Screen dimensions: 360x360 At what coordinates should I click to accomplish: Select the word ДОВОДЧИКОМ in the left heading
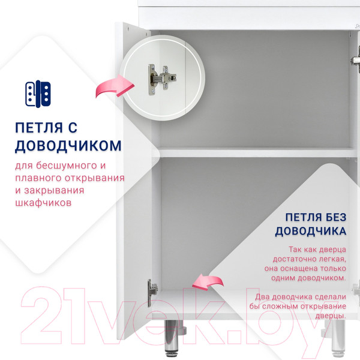[68, 146]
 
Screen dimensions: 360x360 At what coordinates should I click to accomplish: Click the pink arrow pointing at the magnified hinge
[114, 88]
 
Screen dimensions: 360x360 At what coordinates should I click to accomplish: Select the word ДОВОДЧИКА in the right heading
[310, 231]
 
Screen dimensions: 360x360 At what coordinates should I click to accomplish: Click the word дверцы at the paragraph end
[331, 316]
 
